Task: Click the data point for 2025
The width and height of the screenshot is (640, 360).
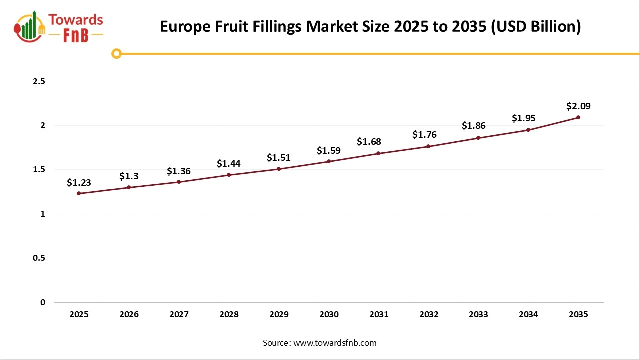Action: pyautogui.click(x=79, y=193)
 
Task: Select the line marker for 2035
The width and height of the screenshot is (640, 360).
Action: pyautogui.click(x=578, y=117)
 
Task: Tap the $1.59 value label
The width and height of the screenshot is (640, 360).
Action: pyautogui.click(x=329, y=150)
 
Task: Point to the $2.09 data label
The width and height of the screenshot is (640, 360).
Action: pyautogui.click(x=578, y=106)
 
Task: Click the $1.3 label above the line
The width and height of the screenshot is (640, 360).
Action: pyautogui.click(x=129, y=176)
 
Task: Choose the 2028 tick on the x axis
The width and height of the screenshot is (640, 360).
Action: pyautogui.click(x=229, y=315)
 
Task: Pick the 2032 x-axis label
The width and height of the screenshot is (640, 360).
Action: pyautogui.click(x=429, y=315)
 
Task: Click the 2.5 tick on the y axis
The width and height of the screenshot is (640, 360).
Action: pyautogui.click(x=38, y=81)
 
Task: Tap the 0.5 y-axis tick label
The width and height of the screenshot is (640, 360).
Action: pyautogui.click(x=38, y=258)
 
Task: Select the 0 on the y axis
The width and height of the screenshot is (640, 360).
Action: pyautogui.click(x=43, y=302)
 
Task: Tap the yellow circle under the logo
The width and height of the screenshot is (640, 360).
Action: pyautogui.click(x=116, y=53)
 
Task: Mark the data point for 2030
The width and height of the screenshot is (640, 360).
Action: pyautogui.click(x=329, y=161)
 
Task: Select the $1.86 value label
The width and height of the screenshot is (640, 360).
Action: pyautogui.click(x=474, y=126)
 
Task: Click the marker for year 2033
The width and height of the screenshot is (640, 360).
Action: pyautogui.click(x=478, y=138)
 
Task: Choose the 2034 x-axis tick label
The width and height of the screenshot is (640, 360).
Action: pyautogui.click(x=528, y=315)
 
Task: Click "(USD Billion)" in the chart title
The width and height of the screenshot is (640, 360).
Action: pyautogui.click(x=536, y=27)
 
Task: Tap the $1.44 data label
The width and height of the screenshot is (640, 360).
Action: pyautogui.click(x=229, y=164)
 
